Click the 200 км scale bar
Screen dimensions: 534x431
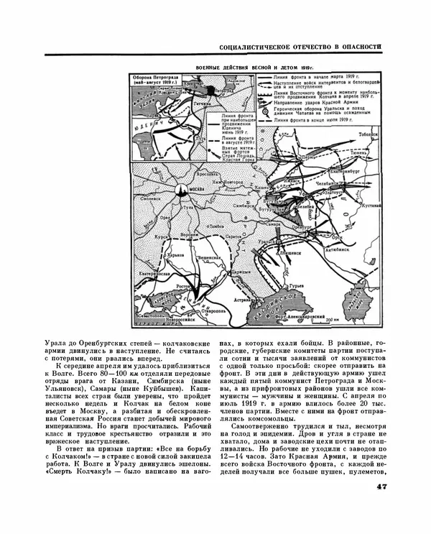331,321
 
